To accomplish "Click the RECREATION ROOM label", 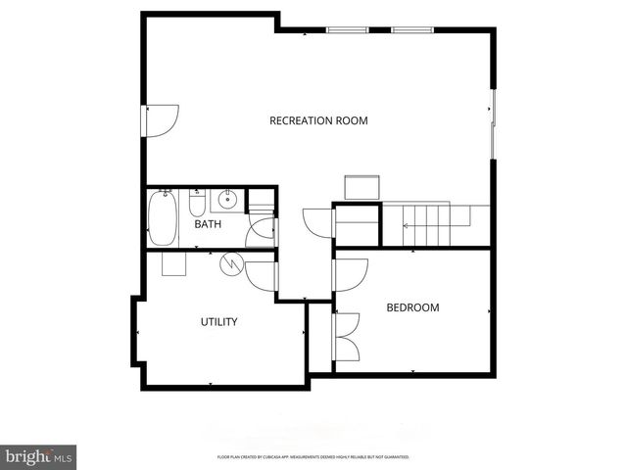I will click(x=318, y=121).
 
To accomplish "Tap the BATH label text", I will click(x=208, y=224).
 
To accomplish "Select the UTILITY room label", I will click(x=218, y=321).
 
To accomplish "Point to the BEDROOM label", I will click(x=412, y=307).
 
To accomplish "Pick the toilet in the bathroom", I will click(x=196, y=204).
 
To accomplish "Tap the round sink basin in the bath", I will click(x=226, y=200).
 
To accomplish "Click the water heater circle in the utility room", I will click(x=231, y=262).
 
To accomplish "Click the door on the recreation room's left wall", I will click(x=161, y=119).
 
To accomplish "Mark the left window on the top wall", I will click(x=342, y=30).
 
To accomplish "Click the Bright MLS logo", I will click(x=39, y=456).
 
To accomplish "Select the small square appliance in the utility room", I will click(x=174, y=262).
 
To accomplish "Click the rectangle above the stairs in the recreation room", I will click(x=361, y=187).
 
